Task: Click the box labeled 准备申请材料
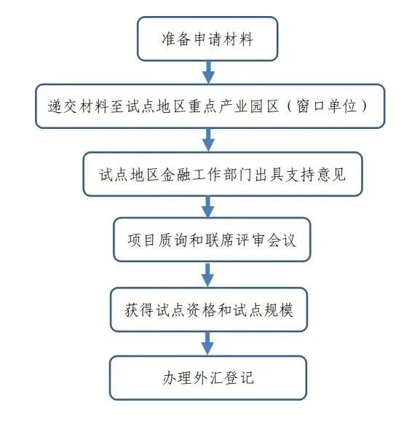207,39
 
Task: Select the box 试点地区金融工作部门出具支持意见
223,174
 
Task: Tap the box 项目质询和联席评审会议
212,240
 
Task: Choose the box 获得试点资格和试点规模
209,310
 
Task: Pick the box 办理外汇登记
208,378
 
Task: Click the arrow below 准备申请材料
208,73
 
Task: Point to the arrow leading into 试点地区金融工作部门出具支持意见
208,140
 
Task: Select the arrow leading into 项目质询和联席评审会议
208,207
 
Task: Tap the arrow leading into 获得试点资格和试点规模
207,275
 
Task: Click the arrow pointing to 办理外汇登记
207,344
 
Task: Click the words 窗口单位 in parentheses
327,106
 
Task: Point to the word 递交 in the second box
63,106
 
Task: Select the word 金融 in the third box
175,175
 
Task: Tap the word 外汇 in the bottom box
208,378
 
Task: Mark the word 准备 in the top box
176,39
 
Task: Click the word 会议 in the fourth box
282,240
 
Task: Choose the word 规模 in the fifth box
278,310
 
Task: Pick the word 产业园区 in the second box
249,106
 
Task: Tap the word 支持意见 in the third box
315,175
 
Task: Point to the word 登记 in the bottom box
239,378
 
